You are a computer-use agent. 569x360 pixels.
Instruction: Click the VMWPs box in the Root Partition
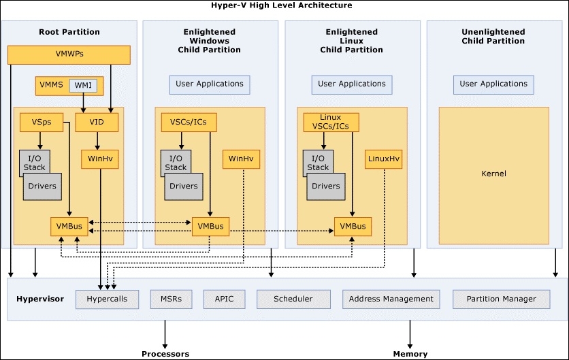coord(69,55)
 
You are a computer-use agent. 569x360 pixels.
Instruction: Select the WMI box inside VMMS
coord(83,85)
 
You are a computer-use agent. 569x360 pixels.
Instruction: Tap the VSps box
coord(42,122)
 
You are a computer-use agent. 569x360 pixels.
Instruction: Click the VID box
coord(97,122)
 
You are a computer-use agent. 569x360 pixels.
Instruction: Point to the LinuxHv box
coord(384,159)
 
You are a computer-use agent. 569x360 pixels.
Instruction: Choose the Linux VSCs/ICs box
coord(331,122)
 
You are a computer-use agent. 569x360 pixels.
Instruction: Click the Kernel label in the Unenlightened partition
coord(493,174)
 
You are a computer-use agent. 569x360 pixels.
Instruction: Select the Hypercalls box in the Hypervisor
coord(107,299)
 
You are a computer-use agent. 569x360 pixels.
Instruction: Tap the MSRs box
coord(172,299)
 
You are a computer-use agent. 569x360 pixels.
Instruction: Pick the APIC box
coord(224,299)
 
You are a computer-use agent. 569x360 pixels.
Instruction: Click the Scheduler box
coord(293,299)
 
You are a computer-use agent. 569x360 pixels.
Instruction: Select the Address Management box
coord(391,299)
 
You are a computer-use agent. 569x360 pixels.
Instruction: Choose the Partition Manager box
coord(502,299)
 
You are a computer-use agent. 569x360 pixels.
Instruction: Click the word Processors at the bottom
coord(165,354)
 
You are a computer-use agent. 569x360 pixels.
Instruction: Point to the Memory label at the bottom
coord(410,354)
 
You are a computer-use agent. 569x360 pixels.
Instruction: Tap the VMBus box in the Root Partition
coord(69,227)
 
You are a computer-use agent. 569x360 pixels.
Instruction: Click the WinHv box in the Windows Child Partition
coord(242,159)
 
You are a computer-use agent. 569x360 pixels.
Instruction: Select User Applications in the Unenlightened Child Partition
coord(493,84)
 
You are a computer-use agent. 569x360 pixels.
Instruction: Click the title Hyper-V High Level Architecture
coord(282,5)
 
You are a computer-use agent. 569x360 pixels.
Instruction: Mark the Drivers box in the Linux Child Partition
coord(326,186)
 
